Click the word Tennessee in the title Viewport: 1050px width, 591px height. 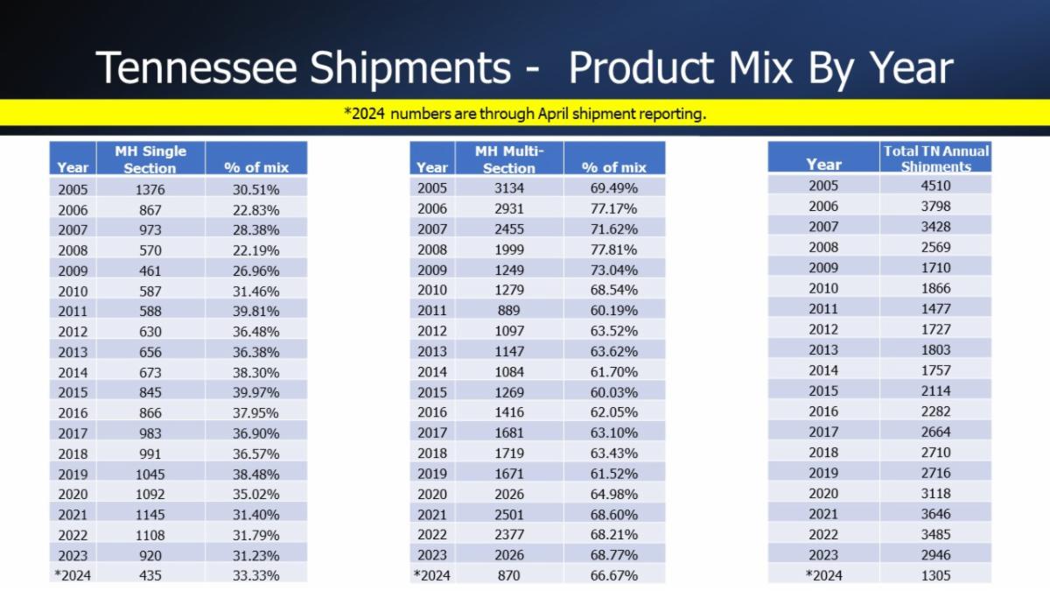click(x=196, y=68)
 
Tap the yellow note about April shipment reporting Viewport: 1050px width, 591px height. click(x=525, y=114)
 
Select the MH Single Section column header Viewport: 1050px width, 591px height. click(x=150, y=159)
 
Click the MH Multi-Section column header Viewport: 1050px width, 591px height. click(x=508, y=159)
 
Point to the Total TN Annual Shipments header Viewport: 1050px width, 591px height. click(x=935, y=158)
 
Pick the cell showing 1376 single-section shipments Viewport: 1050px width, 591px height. click(x=150, y=189)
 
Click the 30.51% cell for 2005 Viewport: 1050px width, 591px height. click(x=256, y=189)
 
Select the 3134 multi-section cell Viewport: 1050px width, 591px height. click(x=508, y=188)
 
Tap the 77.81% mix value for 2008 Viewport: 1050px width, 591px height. click(x=613, y=250)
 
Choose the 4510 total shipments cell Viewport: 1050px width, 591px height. click(x=935, y=186)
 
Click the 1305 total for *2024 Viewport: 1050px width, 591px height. click(x=935, y=575)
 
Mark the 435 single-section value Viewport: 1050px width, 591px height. click(x=150, y=575)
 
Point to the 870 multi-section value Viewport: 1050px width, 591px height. click(x=508, y=575)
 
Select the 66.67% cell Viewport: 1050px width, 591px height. click(x=613, y=575)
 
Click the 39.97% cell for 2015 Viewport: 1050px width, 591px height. click(x=256, y=392)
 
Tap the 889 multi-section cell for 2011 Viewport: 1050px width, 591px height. click(x=508, y=311)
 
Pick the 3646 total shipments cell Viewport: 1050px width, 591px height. click(x=935, y=514)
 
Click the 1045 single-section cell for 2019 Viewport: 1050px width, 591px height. click(x=150, y=474)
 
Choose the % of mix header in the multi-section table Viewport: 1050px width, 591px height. click(x=613, y=167)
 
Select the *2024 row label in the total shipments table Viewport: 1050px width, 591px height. click(x=822, y=575)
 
